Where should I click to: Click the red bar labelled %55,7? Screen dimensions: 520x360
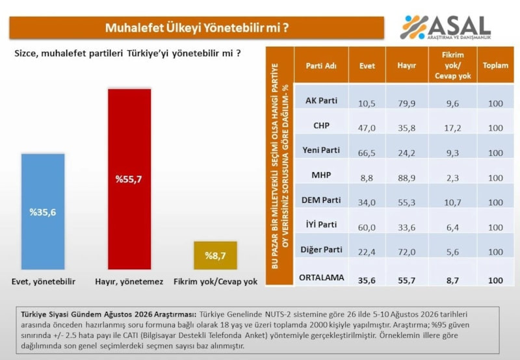click(x=129, y=179)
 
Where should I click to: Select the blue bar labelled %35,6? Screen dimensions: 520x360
click(x=43, y=211)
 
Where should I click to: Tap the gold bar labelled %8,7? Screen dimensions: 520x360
click(x=216, y=255)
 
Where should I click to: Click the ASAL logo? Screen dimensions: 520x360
click(x=445, y=27)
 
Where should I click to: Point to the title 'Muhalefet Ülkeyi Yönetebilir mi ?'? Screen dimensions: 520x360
click(x=197, y=28)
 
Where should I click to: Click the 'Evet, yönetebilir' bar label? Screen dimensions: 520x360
click(x=44, y=282)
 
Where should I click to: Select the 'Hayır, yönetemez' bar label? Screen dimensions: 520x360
click(x=129, y=282)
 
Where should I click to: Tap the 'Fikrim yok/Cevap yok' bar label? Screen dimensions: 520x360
click(x=216, y=282)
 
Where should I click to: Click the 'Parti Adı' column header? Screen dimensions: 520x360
click(x=321, y=66)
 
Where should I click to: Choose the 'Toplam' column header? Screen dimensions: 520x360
click(x=495, y=65)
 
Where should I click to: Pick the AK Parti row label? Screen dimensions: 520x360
click(x=321, y=101)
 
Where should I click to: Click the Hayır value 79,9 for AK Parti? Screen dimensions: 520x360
click(x=407, y=103)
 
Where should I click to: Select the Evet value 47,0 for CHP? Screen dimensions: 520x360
click(x=367, y=128)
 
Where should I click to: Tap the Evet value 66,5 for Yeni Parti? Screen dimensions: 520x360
click(x=367, y=153)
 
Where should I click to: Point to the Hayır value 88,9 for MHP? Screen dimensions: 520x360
click(x=407, y=178)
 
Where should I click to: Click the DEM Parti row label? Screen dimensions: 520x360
click(x=321, y=200)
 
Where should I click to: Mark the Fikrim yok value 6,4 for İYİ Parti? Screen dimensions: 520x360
click(x=452, y=227)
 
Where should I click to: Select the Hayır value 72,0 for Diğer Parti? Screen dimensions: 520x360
click(x=407, y=252)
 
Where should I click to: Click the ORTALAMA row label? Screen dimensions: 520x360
click(x=321, y=277)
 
